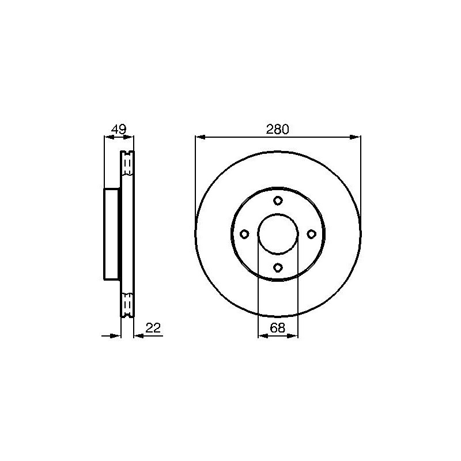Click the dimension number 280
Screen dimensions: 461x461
click(x=278, y=129)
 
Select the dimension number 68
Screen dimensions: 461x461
click(x=278, y=328)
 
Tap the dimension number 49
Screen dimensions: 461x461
click(x=119, y=129)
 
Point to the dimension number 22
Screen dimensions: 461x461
click(x=153, y=328)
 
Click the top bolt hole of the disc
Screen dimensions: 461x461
click(x=278, y=201)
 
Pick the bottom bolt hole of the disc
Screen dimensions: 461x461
click(x=278, y=267)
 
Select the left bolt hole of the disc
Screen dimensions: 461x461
click(x=244, y=234)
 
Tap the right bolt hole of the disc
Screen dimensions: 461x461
click(x=311, y=234)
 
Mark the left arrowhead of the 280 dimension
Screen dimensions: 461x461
click(x=200, y=137)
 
